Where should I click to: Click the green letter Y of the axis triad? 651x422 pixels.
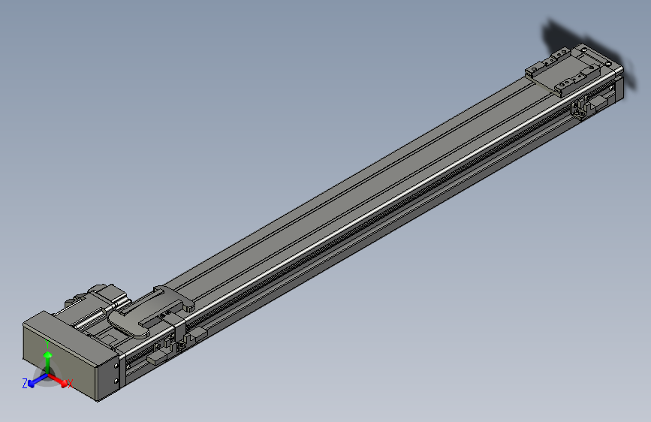47,343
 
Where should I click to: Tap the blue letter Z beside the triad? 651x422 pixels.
25,383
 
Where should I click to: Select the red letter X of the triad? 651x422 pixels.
70,384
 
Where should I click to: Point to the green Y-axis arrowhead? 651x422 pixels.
47,354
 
